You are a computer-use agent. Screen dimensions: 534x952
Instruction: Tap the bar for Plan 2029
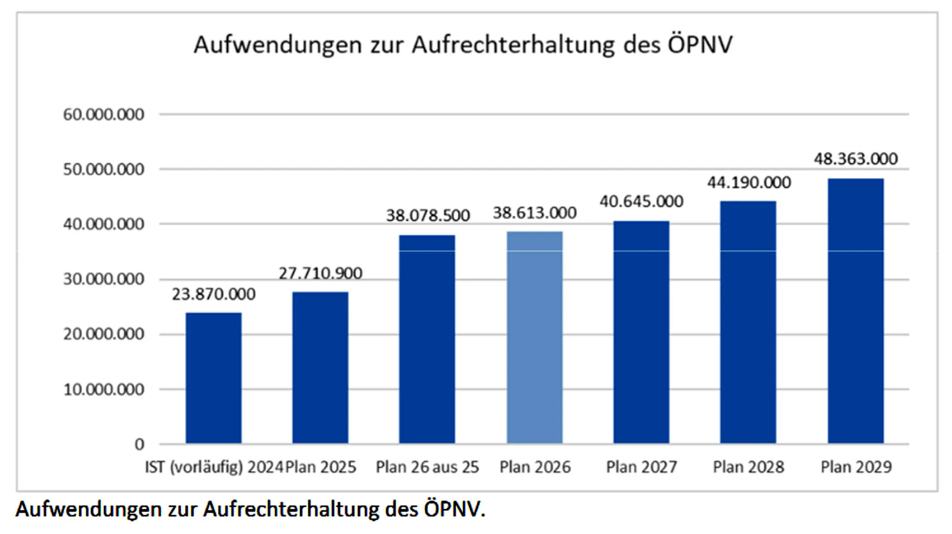pyautogui.click(x=855, y=311)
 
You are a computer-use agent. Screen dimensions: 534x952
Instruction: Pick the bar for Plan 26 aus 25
pyautogui.click(x=427, y=339)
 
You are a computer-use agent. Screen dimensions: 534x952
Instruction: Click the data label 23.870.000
pyautogui.click(x=214, y=294)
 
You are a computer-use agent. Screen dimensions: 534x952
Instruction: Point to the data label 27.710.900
pyautogui.click(x=321, y=273)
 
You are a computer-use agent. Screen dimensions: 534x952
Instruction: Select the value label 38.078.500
pyautogui.click(x=428, y=215)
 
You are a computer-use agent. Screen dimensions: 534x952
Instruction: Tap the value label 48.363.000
pyautogui.click(x=856, y=159)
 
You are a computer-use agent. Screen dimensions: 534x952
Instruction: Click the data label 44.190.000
pyautogui.click(x=749, y=182)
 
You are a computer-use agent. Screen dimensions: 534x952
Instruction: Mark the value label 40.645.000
pyautogui.click(x=641, y=202)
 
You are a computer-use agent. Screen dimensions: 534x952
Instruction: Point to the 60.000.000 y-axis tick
pyautogui.click(x=103, y=115)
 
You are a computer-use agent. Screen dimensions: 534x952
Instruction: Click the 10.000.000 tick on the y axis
pyautogui.click(x=103, y=390)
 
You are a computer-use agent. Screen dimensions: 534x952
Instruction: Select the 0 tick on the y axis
pyautogui.click(x=139, y=444)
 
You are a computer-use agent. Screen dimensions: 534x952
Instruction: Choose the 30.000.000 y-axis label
pyautogui.click(x=103, y=280)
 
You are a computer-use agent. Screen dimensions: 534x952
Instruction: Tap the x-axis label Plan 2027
pyautogui.click(x=641, y=467)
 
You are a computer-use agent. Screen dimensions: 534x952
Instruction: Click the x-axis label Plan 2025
pyautogui.click(x=321, y=467)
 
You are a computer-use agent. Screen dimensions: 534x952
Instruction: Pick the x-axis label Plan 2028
pyautogui.click(x=749, y=467)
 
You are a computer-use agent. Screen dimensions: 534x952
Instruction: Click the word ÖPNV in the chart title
pyautogui.click(x=700, y=45)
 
